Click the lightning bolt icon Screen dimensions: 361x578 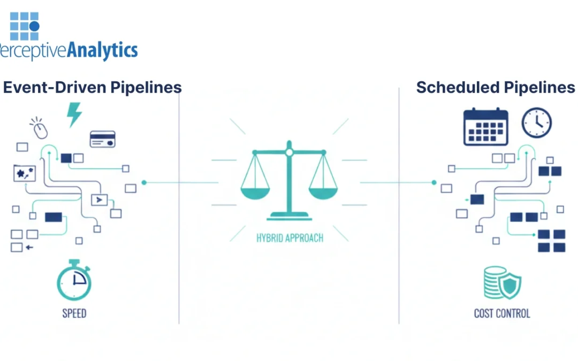pyautogui.click(x=73, y=114)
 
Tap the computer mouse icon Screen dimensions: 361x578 pyautogui.click(x=39, y=128)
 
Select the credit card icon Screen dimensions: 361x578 pyautogui.click(x=102, y=139)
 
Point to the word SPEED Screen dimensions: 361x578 pyautogui.click(x=74, y=313)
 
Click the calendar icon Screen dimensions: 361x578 pyautogui.click(x=485, y=127)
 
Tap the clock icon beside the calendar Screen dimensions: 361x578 pyautogui.click(x=536, y=123)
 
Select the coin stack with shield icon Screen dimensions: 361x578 pyautogui.click(x=502, y=282)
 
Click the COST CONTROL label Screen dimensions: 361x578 pyautogui.click(x=502, y=313)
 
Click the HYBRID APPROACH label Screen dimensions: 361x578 pyautogui.click(x=290, y=237)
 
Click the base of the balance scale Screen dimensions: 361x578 pyautogui.click(x=289, y=216)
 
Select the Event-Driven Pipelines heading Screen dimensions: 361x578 pyautogui.click(x=92, y=87)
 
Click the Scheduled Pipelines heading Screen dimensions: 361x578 pyautogui.click(x=496, y=87)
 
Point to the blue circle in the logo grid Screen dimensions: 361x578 pyautogui.click(x=34, y=26)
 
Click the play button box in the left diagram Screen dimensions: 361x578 pyautogui.click(x=99, y=200)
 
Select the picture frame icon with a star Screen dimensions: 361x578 pyautogui.click(x=24, y=173)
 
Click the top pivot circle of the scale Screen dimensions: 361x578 pyautogui.click(x=289, y=152)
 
